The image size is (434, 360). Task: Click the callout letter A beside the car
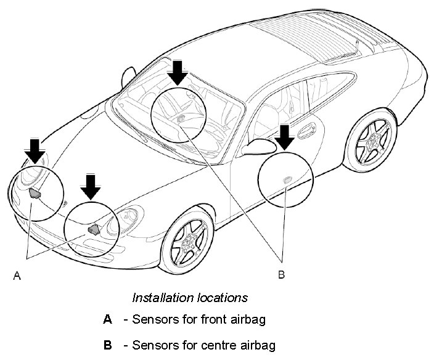click(17, 277)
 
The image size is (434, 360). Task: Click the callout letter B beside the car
click(281, 274)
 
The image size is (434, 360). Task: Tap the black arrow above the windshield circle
click(178, 72)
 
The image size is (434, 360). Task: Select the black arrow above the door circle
click(284, 136)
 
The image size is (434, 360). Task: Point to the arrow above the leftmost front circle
click(35, 151)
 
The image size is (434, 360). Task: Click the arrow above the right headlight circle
click(91, 186)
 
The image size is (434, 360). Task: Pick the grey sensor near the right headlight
click(94, 229)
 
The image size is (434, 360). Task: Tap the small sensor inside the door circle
click(287, 179)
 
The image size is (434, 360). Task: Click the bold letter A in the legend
click(107, 319)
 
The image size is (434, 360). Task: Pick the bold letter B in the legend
click(107, 345)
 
